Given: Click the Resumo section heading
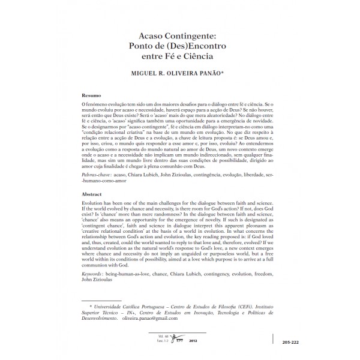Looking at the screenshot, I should coord(92,95).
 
